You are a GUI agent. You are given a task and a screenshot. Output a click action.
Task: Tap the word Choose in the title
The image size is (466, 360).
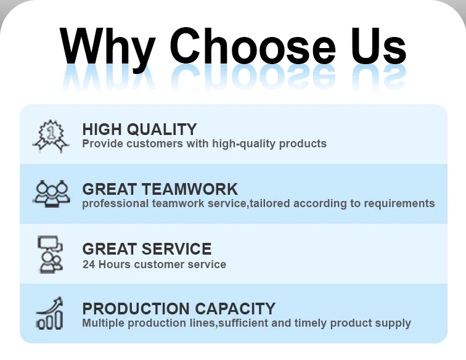[252, 46]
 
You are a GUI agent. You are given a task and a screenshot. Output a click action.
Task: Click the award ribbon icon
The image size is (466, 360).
[51, 136]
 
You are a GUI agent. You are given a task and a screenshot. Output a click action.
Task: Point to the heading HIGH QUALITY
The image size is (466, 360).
[139, 129]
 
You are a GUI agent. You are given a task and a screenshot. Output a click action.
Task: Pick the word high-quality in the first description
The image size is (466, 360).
[243, 144]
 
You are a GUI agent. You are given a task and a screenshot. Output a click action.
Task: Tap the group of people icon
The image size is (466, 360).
[51, 193]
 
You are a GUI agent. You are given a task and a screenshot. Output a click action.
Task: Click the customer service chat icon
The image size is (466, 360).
[50, 255]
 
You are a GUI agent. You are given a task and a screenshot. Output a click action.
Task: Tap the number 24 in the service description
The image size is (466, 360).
[89, 264]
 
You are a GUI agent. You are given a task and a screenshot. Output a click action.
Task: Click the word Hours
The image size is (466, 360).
[115, 264]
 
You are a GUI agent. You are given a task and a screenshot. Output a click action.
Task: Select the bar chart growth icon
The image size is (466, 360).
[50, 313]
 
